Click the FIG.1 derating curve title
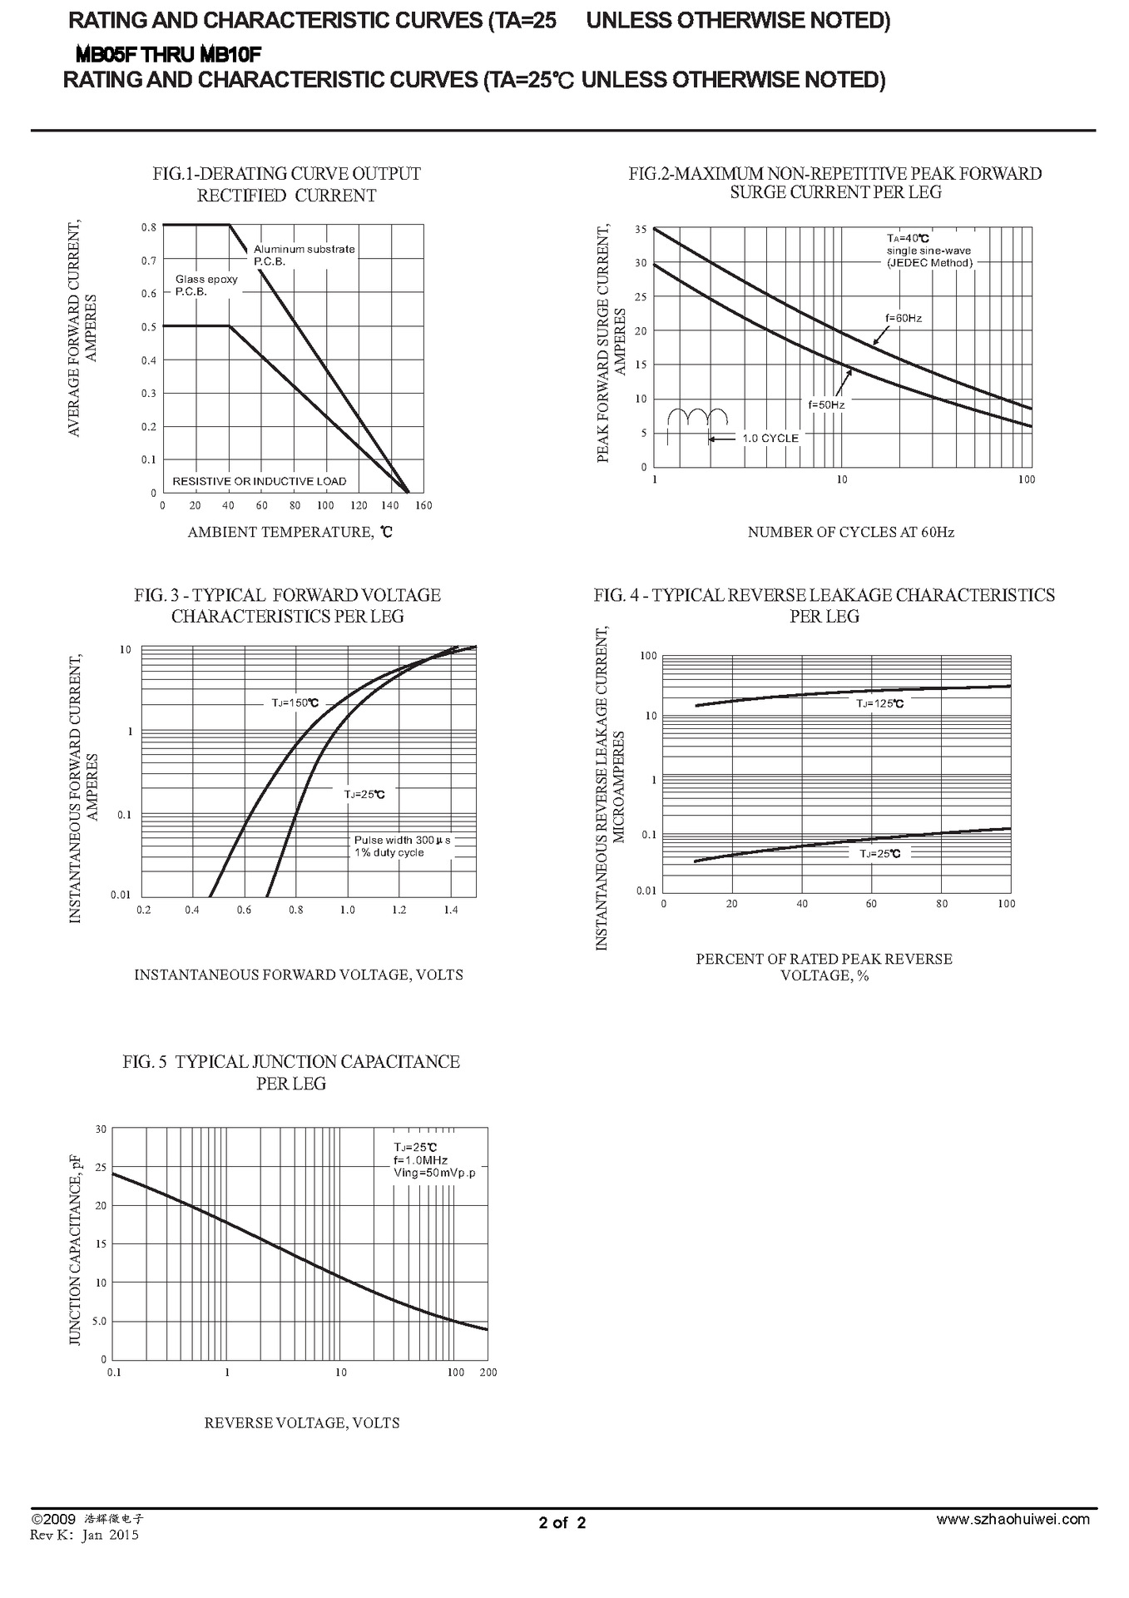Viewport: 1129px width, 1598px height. pyautogui.click(x=286, y=184)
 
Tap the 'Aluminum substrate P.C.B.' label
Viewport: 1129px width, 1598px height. pyautogui.click(x=304, y=255)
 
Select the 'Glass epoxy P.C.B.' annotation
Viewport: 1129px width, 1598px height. pyautogui.click(x=205, y=285)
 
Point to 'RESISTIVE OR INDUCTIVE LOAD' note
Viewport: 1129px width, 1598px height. pyautogui.click(x=259, y=481)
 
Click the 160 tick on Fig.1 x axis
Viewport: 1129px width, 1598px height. pyautogui.click(x=423, y=505)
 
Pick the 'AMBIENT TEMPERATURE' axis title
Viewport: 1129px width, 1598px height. pyautogui.click(x=290, y=532)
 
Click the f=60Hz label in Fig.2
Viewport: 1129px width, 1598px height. pyautogui.click(x=904, y=318)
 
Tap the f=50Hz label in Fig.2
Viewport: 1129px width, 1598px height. pyautogui.click(x=826, y=404)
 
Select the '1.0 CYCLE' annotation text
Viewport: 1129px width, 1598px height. pyautogui.click(x=770, y=438)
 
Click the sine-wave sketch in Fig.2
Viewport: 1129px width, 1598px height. pyautogui.click(x=697, y=418)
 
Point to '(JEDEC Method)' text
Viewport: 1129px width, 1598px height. pyautogui.click(x=929, y=263)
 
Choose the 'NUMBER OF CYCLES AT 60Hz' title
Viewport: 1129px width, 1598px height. pyautogui.click(x=850, y=532)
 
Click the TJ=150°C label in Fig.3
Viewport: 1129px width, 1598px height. pyautogui.click(x=295, y=702)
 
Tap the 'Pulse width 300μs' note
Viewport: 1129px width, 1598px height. pyautogui.click(x=403, y=840)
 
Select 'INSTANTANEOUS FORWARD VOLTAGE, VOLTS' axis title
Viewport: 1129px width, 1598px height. pyautogui.click(x=299, y=975)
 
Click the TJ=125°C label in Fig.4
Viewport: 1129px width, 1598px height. pyautogui.click(x=880, y=703)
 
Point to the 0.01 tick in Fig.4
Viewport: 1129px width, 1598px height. pyautogui.click(x=646, y=891)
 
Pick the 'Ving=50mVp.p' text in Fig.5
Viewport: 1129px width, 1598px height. pyautogui.click(x=434, y=1173)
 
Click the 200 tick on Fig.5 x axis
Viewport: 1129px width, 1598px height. pyautogui.click(x=488, y=1372)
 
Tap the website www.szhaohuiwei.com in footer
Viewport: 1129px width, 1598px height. pyautogui.click(x=1013, y=1519)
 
